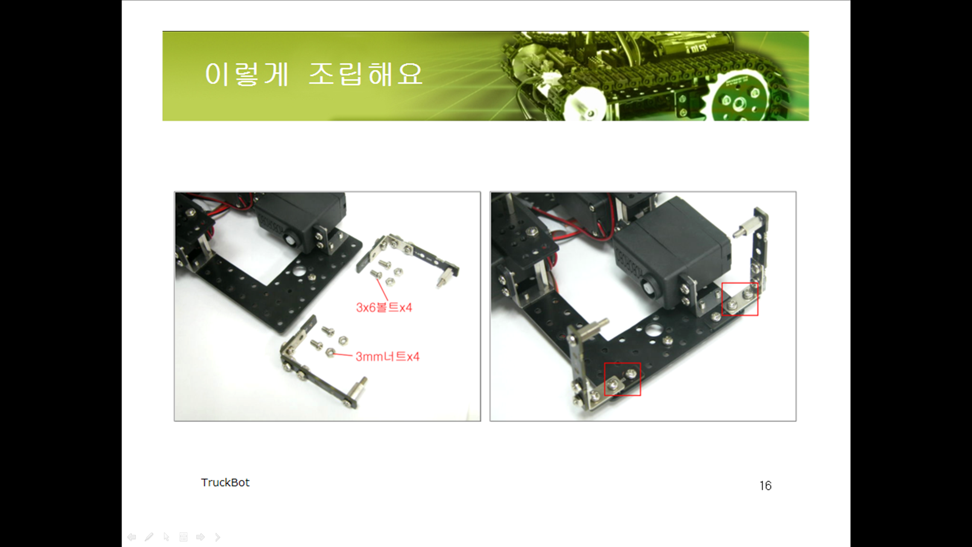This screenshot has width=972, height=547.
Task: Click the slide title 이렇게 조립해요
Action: (x=313, y=74)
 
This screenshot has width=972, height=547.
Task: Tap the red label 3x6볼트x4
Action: (x=384, y=307)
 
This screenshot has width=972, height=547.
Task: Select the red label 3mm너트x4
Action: (x=387, y=357)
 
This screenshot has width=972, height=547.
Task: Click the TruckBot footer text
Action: (x=225, y=482)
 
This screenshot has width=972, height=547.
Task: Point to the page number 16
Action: (x=765, y=486)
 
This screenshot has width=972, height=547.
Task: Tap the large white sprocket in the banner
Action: (x=586, y=104)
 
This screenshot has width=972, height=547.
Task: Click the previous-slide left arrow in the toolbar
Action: (x=132, y=537)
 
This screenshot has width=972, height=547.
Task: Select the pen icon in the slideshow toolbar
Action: (x=149, y=537)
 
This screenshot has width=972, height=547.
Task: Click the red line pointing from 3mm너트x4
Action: (x=343, y=355)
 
